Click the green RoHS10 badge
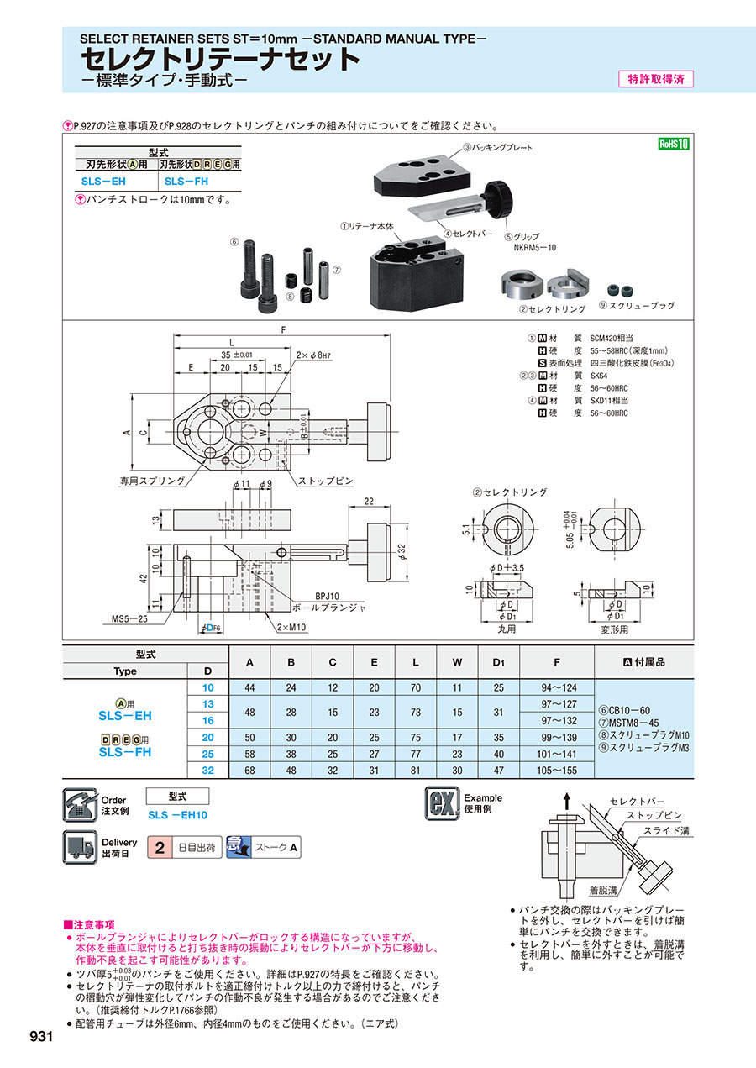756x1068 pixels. click(674, 144)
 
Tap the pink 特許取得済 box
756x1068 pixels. click(655, 79)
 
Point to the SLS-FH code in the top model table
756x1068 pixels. click(186, 182)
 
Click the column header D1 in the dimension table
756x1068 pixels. click(498, 662)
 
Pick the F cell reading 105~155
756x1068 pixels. click(556, 770)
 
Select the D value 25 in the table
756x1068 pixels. click(207, 754)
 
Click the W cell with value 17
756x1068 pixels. click(457, 737)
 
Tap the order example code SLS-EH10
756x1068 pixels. click(177, 815)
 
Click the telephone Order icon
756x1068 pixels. click(80, 804)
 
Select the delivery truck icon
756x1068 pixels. click(80, 847)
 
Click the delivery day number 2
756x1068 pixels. click(160, 847)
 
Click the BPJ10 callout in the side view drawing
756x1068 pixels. click(327, 596)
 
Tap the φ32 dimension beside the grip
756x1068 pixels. click(402, 551)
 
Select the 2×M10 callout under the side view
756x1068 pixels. click(291, 627)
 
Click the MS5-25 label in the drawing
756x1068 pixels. click(129, 618)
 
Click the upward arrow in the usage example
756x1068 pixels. click(566, 801)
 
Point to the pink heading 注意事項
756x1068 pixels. click(89, 924)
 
